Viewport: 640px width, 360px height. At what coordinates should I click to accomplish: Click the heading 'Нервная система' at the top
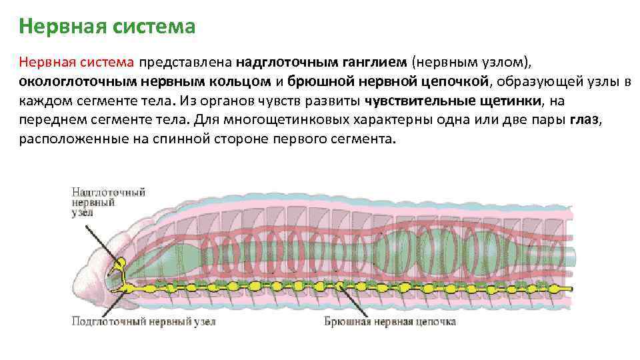point(107,27)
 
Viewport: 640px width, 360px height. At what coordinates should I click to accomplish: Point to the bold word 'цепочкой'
point(455,81)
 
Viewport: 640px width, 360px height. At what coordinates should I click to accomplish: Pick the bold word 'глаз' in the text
point(585,120)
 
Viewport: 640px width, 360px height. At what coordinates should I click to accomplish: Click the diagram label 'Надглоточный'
point(109,192)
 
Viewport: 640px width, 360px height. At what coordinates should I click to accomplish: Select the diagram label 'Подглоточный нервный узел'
point(143,321)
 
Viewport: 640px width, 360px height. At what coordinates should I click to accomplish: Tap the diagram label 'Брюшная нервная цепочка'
point(390,321)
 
